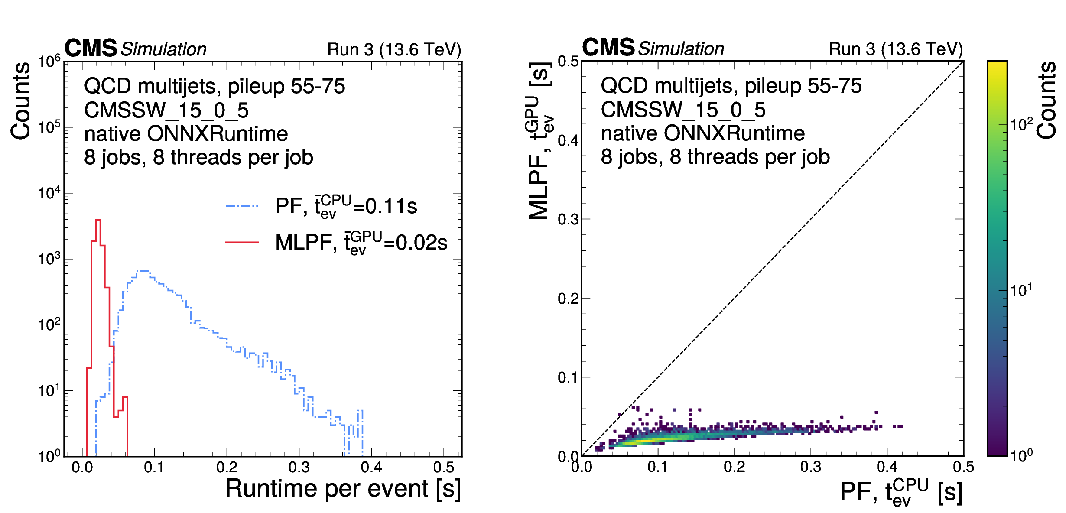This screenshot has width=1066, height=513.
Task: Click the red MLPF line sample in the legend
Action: coord(242,242)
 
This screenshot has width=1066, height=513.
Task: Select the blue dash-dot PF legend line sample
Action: coord(242,206)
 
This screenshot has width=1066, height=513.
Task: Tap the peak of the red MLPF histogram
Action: coord(98,221)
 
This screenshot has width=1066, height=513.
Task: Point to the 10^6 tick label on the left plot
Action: coord(49,62)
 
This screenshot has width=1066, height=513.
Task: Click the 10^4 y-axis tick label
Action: coord(49,193)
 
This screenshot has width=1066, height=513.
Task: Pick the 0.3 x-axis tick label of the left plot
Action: coord(299,468)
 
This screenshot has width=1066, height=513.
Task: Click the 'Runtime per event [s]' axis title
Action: coord(343,489)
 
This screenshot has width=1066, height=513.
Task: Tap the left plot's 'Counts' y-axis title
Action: coord(21,101)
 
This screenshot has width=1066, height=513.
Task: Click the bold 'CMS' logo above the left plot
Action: coord(91,48)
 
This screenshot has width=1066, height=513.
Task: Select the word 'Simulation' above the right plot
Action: coord(681,49)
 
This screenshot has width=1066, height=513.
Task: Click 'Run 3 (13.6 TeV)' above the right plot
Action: coord(895,49)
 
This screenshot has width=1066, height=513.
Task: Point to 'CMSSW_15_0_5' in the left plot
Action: coord(166,110)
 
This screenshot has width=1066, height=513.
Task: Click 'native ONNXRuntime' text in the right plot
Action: coord(702,133)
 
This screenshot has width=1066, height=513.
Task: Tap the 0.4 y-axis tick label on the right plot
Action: coord(568,141)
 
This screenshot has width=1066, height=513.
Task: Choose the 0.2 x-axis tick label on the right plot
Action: coord(734,467)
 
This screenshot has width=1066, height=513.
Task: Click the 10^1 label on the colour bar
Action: coord(1021,290)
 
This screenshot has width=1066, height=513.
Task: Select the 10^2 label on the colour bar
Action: coord(1021,125)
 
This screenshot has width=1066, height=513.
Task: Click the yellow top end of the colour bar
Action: coord(997,65)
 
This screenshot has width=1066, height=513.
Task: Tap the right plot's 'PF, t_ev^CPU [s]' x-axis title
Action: coord(901,492)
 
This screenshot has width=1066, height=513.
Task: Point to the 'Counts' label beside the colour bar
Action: coord(1046,101)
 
